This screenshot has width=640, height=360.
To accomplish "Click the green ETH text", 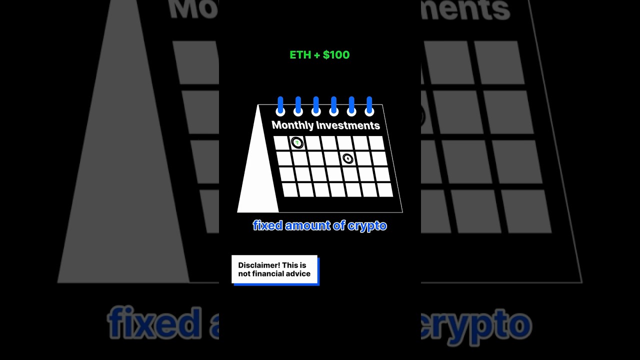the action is (x=300, y=55).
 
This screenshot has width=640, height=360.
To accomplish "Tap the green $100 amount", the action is (x=336, y=55).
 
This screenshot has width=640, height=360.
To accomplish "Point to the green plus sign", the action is (x=317, y=55).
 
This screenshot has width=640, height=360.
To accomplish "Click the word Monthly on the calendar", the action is (x=292, y=125).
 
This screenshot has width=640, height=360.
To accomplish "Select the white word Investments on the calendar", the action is (x=348, y=125).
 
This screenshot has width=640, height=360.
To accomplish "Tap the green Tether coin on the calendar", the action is (x=297, y=142).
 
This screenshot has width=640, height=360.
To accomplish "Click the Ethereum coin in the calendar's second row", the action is (x=347, y=158).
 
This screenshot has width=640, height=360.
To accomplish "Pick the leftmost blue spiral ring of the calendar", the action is (x=280, y=106).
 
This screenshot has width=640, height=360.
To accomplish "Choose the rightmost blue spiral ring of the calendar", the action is (x=369, y=106).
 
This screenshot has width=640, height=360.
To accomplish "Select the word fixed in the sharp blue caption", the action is (x=268, y=225).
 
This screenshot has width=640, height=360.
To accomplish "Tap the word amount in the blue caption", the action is (x=307, y=225).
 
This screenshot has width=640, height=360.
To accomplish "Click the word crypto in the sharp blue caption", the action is (x=367, y=226).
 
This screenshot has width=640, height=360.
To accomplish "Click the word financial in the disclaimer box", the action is (x=269, y=273).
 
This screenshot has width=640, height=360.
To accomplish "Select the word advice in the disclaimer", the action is (x=300, y=273).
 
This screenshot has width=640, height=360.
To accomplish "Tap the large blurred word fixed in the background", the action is (x=154, y=323).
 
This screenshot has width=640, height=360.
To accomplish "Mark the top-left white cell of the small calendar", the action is (x=281, y=143).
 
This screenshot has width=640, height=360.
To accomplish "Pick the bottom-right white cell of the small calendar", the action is (x=385, y=189).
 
